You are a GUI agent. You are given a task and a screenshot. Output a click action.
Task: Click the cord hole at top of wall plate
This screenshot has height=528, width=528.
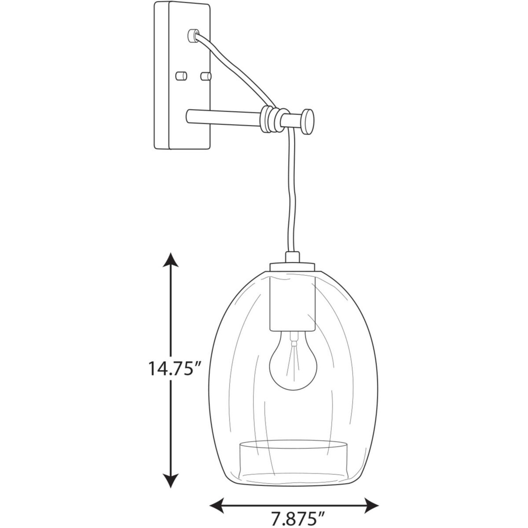pos(192,35)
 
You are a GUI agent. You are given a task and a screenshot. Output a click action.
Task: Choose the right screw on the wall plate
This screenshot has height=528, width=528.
pos(205,76)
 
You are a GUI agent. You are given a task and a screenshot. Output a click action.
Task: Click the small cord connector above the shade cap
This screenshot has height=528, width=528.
pos(292,256)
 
